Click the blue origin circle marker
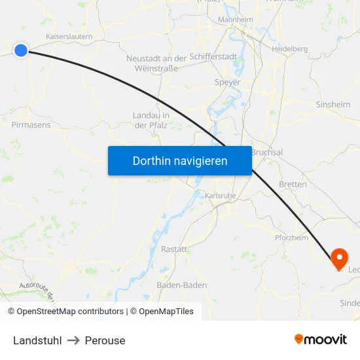(x=21, y=50)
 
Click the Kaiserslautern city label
(x=69, y=37)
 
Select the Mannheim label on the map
(x=235, y=20)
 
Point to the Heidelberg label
(x=290, y=48)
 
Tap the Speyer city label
(x=228, y=82)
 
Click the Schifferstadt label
(x=213, y=57)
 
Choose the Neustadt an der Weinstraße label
(x=156, y=63)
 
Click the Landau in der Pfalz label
(x=151, y=120)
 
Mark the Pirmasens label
(x=31, y=124)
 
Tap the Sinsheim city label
(x=333, y=104)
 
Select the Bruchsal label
(x=267, y=152)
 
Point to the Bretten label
(x=293, y=184)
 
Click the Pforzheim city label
(x=291, y=238)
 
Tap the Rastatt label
(x=174, y=249)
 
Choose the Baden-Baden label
(x=182, y=285)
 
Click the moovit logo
(x=321, y=339)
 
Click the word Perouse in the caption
(x=105, y=340)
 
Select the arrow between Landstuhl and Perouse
(x=73, y=340)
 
